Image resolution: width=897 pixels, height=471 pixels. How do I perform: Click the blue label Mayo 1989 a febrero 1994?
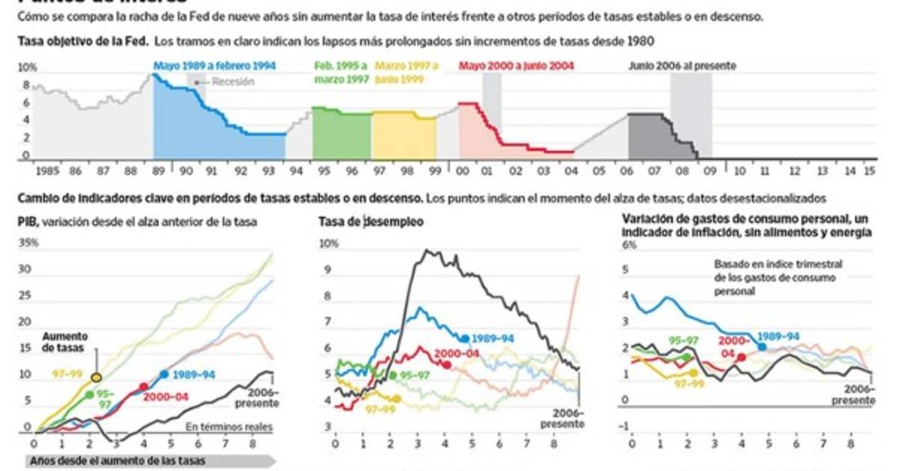[x=215, y=66]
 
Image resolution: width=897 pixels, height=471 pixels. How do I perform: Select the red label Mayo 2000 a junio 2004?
[x=516, y=66]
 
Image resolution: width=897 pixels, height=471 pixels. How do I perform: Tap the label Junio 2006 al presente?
[x=682, y=66]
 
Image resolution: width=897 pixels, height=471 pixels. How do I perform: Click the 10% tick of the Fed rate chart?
[x=27, y=67]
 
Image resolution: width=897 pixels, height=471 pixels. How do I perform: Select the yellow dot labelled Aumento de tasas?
[x=96, y=377]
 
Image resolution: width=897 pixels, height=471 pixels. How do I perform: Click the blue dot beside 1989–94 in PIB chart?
[x=164, y=374]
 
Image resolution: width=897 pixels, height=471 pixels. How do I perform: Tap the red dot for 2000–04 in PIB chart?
[x=144, y=387]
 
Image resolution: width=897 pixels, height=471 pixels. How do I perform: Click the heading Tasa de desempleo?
[x=371, y=221]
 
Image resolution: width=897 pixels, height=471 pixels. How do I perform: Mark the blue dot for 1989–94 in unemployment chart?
[x=465, y=339]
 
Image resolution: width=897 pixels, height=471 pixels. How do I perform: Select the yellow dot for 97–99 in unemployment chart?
[x=396, y=398]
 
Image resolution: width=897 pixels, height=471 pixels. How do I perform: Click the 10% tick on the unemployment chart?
[x=329, y=243]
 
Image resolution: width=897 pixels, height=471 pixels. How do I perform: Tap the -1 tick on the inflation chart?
[x=628, y=426]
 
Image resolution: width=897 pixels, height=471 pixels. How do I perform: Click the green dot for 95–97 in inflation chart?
[x=688, y=357]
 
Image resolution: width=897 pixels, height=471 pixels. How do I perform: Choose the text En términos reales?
[x=229, y=428]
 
